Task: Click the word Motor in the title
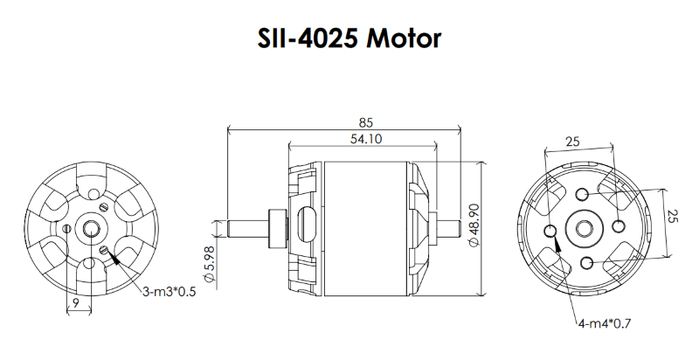pyautogui.click(x=405, y=39)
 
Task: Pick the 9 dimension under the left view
pyautogui.click(x=78, y=303)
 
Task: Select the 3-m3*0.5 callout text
pyautogui.click(x=169, y=291)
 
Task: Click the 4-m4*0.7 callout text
pyautogui.click(x=603, y=323)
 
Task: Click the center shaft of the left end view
pyautogui.click(x=91, y=229)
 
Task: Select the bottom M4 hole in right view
pyautogui.click(x=586, y=263)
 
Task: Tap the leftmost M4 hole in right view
pyautogui.click(x=550, y=231)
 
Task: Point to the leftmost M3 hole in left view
pyautogui.click(x=67, y=229)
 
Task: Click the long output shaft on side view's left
pyautogui.click(x=248, y=226)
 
